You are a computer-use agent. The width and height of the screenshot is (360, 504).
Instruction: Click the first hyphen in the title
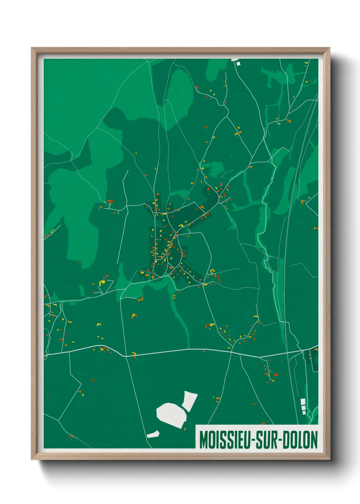tap(250, 440)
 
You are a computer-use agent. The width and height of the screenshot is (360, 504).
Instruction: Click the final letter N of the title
tap(314, 440)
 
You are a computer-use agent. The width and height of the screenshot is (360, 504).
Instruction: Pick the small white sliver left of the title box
tap(153, 434)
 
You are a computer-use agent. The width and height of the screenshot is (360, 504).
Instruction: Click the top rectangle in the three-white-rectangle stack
tap(302, 401)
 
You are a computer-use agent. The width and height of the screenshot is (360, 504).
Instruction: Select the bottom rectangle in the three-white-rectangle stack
tap(304, 412)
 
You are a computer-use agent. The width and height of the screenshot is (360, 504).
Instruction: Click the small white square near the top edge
tap(239, 63)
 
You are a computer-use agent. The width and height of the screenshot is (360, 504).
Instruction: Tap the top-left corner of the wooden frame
tap(32, 48)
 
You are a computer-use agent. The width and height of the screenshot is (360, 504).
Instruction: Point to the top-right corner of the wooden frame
tap(329, 48)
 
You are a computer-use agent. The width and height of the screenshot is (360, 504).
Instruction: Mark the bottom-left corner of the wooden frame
tap(32, 459)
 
